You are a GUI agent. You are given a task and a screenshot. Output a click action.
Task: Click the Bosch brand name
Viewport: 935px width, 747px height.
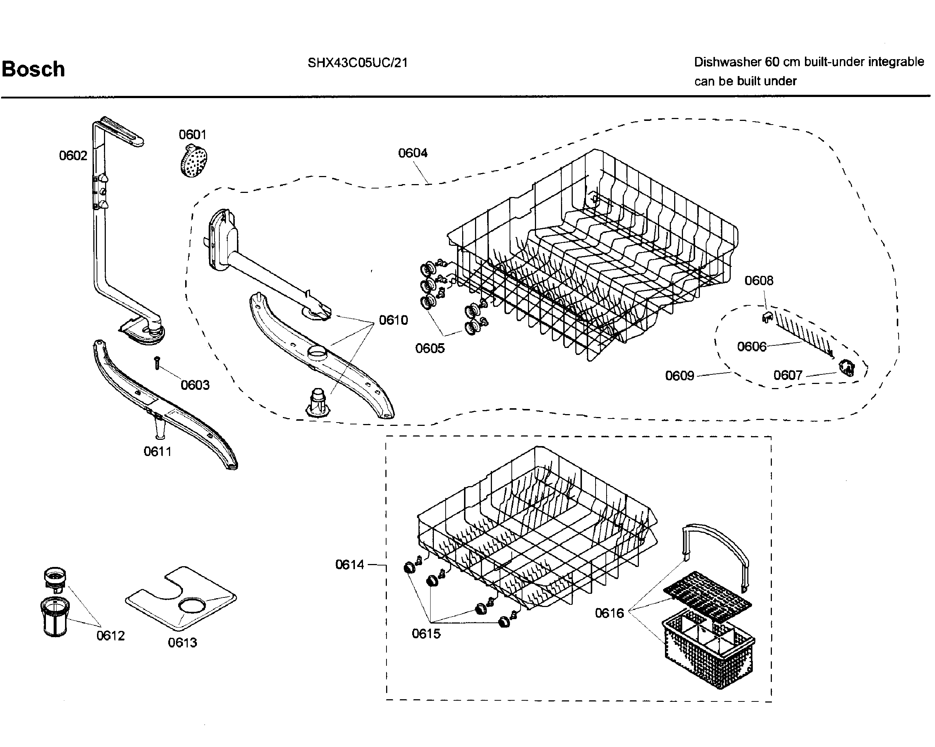pos(33,69)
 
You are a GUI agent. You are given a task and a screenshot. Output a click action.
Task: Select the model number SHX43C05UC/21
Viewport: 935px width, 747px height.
pos(357,63)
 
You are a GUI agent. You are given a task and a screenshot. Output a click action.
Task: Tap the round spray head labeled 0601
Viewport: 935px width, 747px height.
pos(193,161)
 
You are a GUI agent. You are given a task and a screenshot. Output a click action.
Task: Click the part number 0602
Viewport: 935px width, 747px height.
pos(73,155)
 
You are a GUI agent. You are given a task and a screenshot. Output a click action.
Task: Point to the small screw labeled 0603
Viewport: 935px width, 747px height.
pos(157,363)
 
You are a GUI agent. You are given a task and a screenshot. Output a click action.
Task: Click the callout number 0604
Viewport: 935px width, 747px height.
pos(413,153)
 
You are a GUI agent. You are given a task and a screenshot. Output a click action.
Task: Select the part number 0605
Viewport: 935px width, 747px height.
pos(430,348)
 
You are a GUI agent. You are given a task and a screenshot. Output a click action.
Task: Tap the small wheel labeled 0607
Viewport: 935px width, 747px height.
pos(847,368)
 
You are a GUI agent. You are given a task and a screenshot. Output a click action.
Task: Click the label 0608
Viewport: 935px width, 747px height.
pos(759,280)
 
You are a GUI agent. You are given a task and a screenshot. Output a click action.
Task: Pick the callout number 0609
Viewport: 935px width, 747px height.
pos(680,375)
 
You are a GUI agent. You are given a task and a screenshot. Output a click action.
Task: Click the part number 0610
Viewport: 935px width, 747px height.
pos(393,320)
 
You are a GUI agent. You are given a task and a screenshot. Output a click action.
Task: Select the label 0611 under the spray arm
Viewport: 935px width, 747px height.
pos(157,452)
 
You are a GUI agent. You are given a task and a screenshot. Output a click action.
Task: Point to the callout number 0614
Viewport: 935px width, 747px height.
pos(349,564)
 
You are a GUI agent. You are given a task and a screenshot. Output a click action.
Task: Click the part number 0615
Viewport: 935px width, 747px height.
pos(426,633)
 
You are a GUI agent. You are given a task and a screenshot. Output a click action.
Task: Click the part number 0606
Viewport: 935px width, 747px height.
pos(752,346)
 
